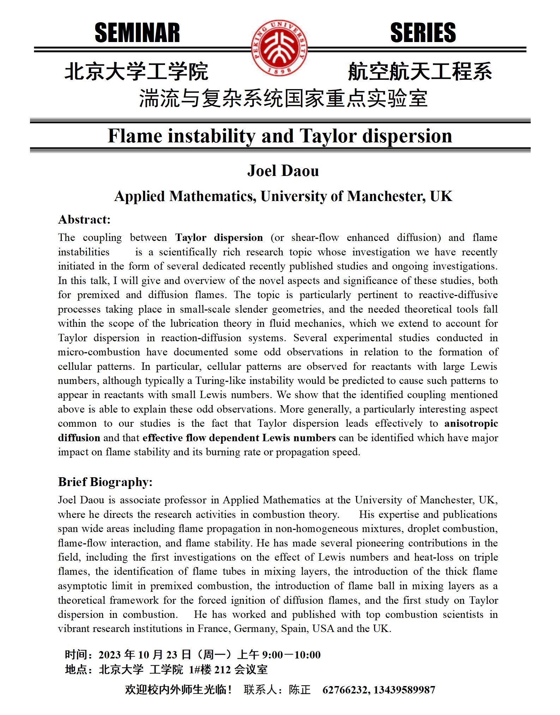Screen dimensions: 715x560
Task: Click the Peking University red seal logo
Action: coord(279,48)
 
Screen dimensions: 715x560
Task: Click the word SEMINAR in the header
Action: coord(137,33)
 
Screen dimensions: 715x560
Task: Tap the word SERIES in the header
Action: coord(423,33)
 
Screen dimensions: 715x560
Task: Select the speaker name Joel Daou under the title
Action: coord(283,171)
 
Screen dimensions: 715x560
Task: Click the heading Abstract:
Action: coord(84,220)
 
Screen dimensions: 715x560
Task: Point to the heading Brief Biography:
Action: coord(105,482)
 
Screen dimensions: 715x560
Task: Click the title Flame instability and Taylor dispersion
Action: coord(280,136)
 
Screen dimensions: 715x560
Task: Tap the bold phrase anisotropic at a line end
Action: coord(471,424)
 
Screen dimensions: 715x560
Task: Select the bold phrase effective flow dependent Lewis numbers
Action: coord(239,438)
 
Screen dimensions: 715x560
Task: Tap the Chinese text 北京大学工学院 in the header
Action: coord(137,71)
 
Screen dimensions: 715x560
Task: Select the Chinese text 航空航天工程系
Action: coord(420,71)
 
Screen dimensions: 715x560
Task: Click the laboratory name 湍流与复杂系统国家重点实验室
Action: coord(283,98)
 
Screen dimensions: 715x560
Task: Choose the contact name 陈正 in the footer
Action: coord(300,689)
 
